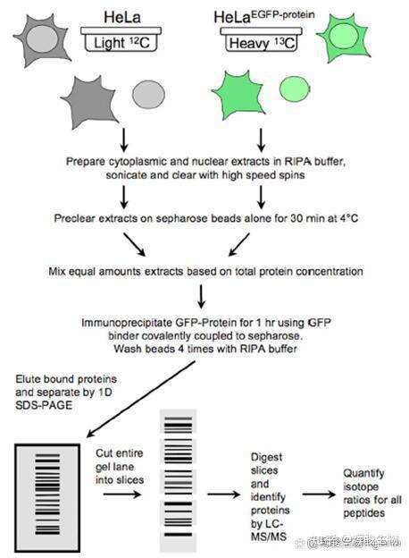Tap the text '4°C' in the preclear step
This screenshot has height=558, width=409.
tap(323, 217)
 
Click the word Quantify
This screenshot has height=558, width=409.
tap(365, 474)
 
